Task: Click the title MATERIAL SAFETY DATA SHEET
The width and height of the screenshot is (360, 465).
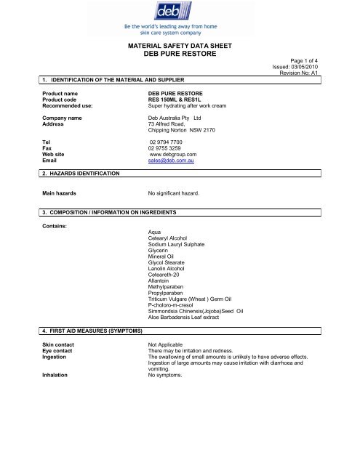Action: tap(180, 45)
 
